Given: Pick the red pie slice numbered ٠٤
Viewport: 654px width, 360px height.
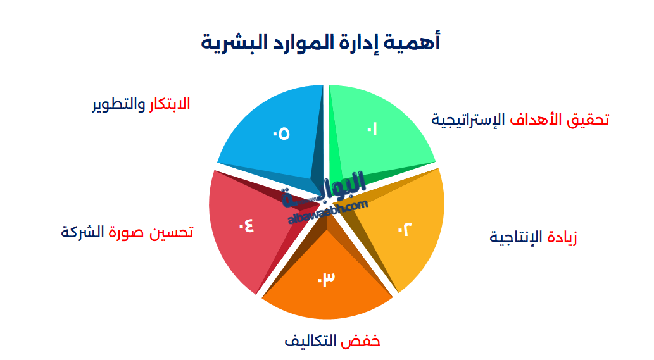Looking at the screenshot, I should pyautogui.click(x=244, y=228).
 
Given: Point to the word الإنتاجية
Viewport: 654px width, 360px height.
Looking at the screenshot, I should pyautogui.click(x=516, y=238).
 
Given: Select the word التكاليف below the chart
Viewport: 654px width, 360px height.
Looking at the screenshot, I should pyautogui.click(x=311, y=342).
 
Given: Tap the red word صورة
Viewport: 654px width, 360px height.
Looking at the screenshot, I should pyautogui.click(x=127, y=232).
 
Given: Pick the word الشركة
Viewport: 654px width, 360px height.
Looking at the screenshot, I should pyautogui.click(x=82, y=232).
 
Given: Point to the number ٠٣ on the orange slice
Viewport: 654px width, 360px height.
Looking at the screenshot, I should pyautogui.click(x=325, y=278).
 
